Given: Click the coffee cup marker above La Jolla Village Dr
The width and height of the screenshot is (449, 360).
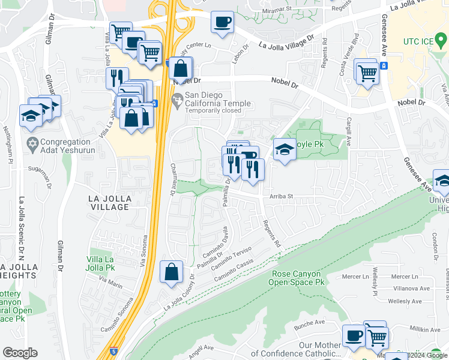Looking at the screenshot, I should (x=223, y=23).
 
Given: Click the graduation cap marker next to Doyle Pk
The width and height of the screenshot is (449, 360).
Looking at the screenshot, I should (x=285, y=150).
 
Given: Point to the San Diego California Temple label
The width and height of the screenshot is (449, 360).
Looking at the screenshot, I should (x=217, y=99).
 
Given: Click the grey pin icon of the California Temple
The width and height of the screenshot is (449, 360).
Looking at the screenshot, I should (x=177, y=100).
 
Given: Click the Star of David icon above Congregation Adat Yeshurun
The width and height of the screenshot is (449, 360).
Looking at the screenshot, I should (x=33, y=144).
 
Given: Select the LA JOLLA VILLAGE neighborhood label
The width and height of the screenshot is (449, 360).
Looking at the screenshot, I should (x=108, y=202).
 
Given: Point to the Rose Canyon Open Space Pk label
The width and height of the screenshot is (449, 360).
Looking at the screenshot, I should (x=295, y=277).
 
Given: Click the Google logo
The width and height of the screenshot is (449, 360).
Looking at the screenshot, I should (x=20, y=353).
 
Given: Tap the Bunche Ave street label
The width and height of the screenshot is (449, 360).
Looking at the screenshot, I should (x=309, y=328).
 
